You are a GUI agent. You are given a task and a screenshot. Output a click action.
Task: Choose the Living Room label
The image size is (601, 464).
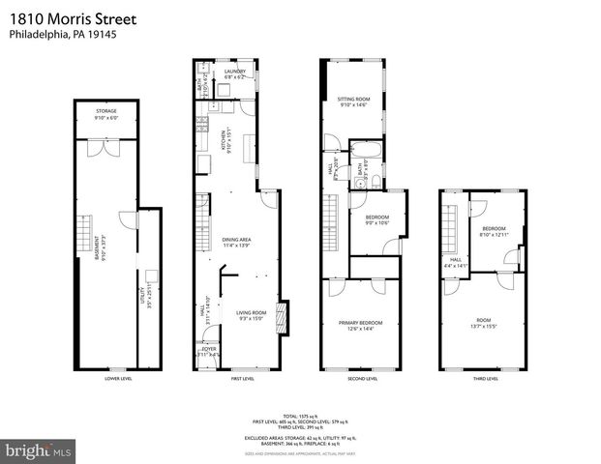click(x=251, y=314)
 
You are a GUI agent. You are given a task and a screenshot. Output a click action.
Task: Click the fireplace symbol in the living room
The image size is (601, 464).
click(x=281, y=318)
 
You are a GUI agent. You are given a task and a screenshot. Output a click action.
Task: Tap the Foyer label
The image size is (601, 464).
click(x=208, y=351)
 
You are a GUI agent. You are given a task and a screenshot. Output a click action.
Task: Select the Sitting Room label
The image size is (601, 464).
click(x=354, y=100)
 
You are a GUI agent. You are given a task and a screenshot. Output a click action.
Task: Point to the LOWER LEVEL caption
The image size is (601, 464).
click(x=117, y=379)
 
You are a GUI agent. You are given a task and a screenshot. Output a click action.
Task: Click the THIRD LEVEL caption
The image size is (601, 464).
click(x=485, y=379)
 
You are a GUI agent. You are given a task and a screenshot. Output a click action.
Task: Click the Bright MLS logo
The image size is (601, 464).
click(x=38, y=451)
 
